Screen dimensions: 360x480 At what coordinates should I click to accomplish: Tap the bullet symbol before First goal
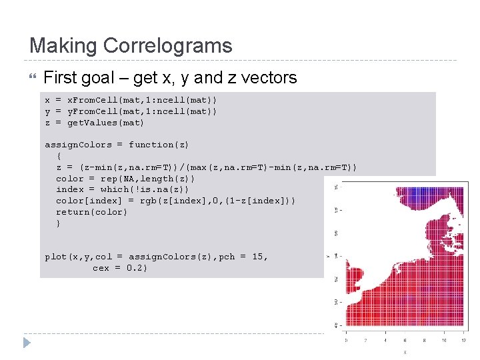click(x=34, y=78)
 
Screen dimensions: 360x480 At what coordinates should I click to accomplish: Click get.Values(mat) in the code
click(x=106, y=123)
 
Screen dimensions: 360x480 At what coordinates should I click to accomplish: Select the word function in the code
click(x=153, y=145)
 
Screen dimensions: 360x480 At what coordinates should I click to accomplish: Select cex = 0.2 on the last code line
click(x=120, y=268)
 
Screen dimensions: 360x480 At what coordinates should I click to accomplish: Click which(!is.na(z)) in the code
click(x=143, y=189)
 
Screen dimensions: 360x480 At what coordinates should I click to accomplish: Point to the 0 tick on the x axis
click(x=345, y=340)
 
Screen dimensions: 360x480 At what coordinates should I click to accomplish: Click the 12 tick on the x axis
click(x=463, y=340)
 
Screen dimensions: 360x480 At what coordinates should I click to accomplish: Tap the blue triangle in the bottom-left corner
click(x=27, y=343)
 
